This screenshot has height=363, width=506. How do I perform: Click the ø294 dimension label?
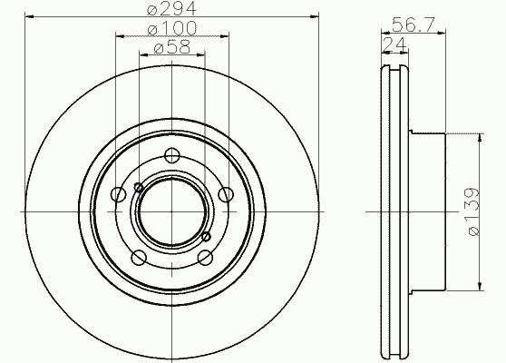coord(171,8)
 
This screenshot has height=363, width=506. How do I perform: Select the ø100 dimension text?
coord(171,28)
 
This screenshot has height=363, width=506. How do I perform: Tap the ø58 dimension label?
coord(172,47)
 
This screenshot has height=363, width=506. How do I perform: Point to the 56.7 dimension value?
coord(414,25)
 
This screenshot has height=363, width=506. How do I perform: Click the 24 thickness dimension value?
coord(394,44)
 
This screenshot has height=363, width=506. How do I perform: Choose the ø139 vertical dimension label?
coord(473,211)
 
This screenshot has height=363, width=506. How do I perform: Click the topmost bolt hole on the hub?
coord(171,155)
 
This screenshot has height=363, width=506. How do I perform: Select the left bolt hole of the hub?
coord(118,194)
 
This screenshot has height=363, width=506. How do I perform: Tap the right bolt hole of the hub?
coord(226,194)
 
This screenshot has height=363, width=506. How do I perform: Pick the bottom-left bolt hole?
coord(139,258)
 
